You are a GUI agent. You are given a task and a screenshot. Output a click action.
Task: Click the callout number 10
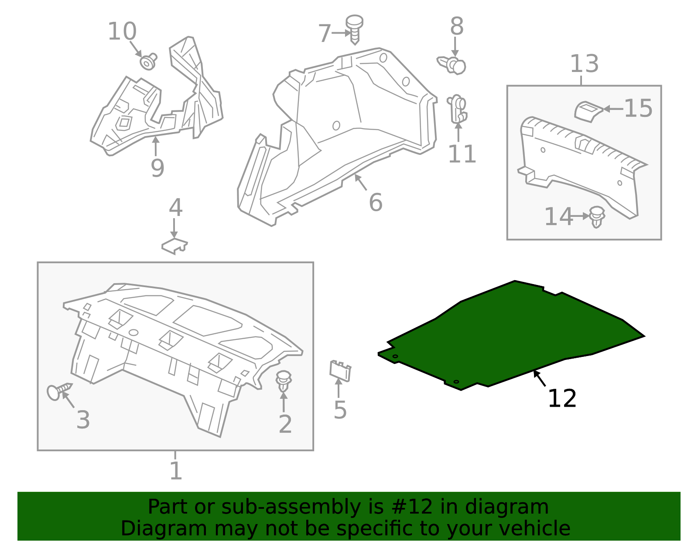point(122,31)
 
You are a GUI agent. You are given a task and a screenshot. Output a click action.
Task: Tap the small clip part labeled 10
point(148,62)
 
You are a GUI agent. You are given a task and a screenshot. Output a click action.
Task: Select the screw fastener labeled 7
point(354,29)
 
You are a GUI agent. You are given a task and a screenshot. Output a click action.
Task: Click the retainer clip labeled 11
point(458,109)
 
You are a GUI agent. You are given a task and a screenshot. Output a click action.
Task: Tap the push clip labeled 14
point(597,217)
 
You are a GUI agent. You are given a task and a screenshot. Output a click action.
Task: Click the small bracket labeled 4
point(174,246)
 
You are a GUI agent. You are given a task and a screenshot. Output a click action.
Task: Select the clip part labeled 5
point(340,370)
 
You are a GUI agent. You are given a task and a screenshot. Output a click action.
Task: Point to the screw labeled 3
point(59,391)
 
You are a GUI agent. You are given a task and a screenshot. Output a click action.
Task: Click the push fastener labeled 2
point(284,381)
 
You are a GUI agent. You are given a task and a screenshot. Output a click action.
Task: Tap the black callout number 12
point(562,398)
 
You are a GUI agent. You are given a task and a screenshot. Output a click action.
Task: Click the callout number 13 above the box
point(584,64)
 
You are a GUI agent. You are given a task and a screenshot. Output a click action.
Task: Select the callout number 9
point(157,168)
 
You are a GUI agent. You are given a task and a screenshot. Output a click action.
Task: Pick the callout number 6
point(376,202)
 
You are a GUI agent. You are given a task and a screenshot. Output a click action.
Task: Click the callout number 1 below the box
point(176,471)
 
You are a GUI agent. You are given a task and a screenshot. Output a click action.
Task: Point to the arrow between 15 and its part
point(613,109)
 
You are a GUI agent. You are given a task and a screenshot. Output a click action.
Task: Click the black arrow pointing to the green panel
point(540,378)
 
